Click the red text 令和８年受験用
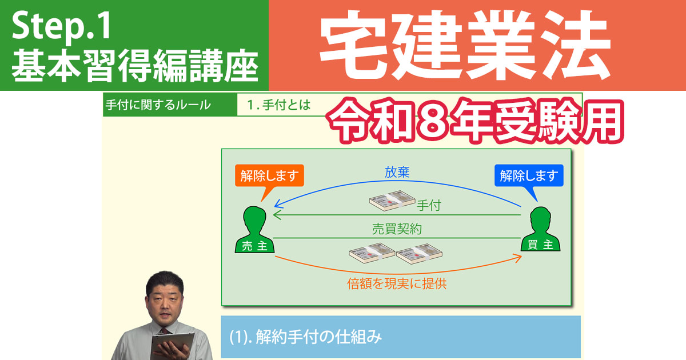474,122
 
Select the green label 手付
428,205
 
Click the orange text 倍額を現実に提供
397,283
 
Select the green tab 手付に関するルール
158,105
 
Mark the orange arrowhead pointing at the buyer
518,259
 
